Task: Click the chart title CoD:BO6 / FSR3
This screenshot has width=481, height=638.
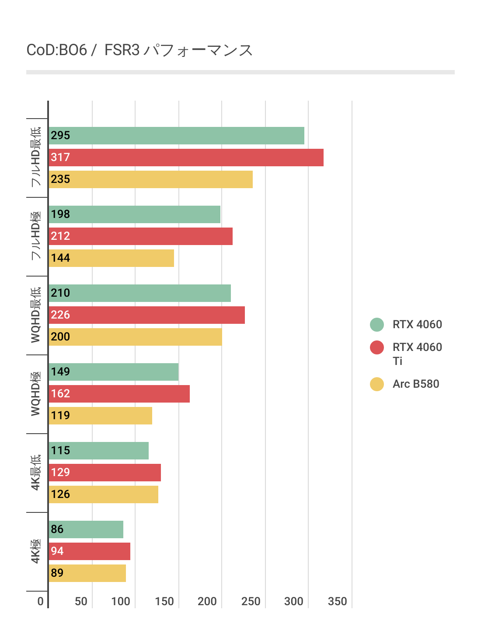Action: point(139,50)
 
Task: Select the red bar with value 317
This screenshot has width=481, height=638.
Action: point(186,158)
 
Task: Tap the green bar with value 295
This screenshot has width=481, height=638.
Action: point(176,136)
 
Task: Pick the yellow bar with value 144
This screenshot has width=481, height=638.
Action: point(111,258)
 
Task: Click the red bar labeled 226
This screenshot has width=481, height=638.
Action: point(146,315)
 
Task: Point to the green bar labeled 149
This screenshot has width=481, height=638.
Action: point(113,372)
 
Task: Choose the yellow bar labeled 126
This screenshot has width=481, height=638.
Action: point(103,494)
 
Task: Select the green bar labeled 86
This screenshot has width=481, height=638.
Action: point(86,529)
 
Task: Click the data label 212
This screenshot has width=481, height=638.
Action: point(60,236)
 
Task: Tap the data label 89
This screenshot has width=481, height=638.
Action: point(57,573)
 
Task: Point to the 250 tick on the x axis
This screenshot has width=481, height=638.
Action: point(251,601)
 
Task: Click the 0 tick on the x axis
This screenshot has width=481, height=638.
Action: point(40,601)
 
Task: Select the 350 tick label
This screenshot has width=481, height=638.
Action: point(337,601)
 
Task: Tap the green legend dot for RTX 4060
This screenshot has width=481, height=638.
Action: point(377,325)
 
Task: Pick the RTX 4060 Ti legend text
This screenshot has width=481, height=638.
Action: point(417,354)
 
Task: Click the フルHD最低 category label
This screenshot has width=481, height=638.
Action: point(36,157)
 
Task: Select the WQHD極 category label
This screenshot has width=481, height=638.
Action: point(36,393)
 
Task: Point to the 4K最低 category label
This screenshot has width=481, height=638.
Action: point(36,472)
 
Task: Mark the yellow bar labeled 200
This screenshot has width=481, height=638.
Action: point(135,337)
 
